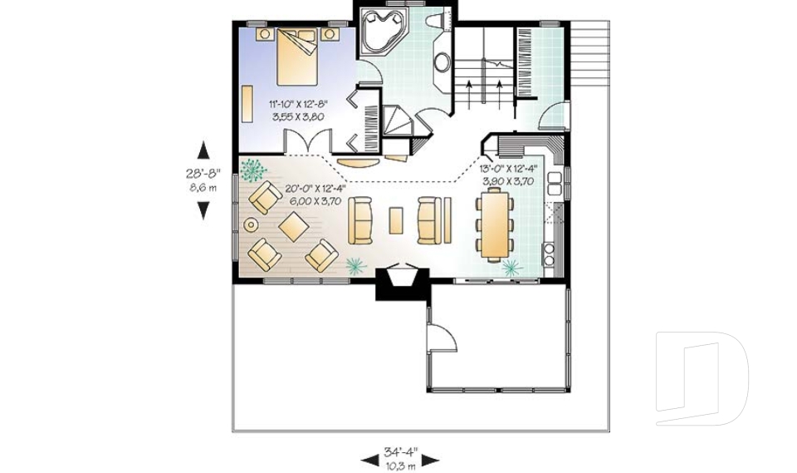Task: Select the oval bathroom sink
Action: (442, 62)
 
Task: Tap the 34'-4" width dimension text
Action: (400, 451)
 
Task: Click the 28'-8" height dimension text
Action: (203, 173)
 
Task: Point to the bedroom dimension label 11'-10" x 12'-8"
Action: (298, 105)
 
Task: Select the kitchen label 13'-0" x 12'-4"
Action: (508, 169)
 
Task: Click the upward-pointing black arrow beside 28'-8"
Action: (203, 151)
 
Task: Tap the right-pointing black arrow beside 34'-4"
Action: (431, 461)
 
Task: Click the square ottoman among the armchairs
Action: (294, 227)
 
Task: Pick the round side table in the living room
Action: (251, 224)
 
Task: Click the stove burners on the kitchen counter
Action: (549, 254)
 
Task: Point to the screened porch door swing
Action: (442, 336)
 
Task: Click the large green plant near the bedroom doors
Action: (252, 170)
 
